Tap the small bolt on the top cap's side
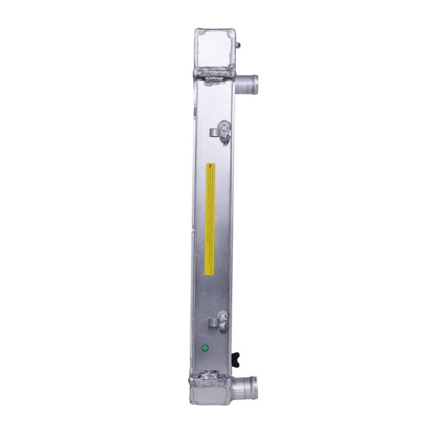coord(239,45)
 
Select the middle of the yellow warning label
coord(210,218)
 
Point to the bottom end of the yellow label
coord(210,270)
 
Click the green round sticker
coord(205,348)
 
